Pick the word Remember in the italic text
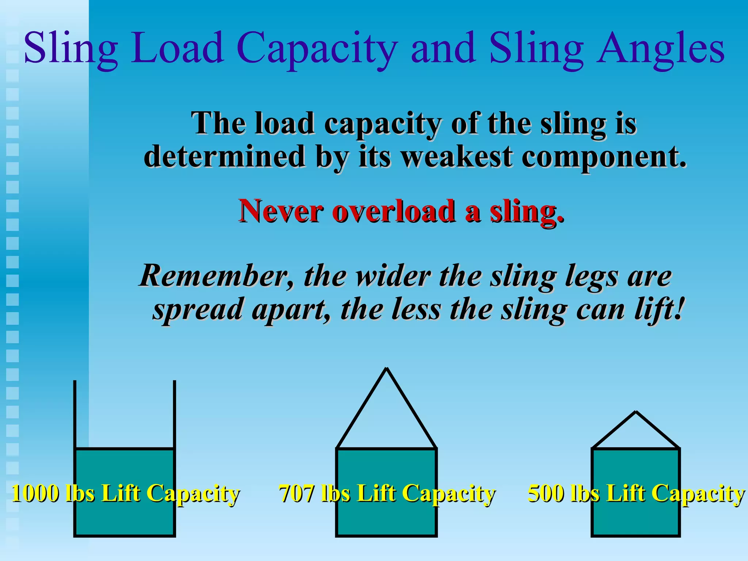(x=217, y=276)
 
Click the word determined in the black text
(x=225, y=157)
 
